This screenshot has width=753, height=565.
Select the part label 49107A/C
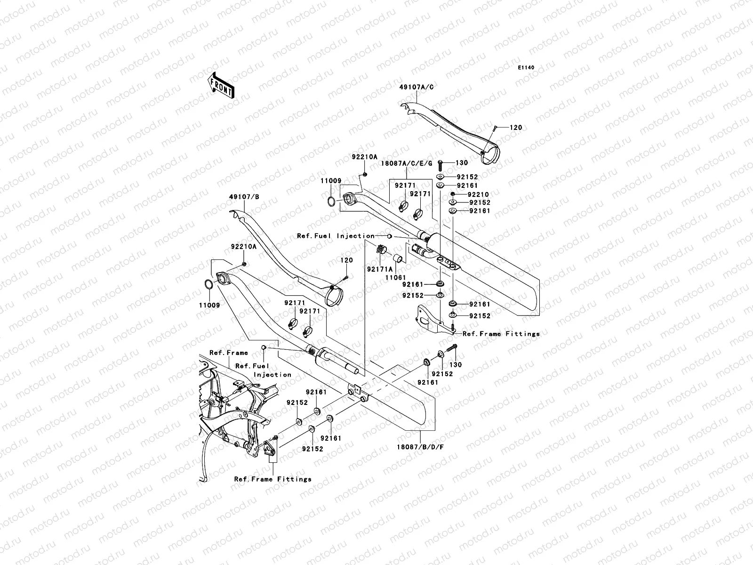tap(417, 87)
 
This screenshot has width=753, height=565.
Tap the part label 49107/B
tap(245, 196)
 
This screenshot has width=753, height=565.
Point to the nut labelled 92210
tap(452, 194)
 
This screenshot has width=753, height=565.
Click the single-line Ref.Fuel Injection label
tap(336, 236)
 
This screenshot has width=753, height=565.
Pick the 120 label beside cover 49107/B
tap(346, 260)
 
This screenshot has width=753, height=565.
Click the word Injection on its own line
tap(272, 375)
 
